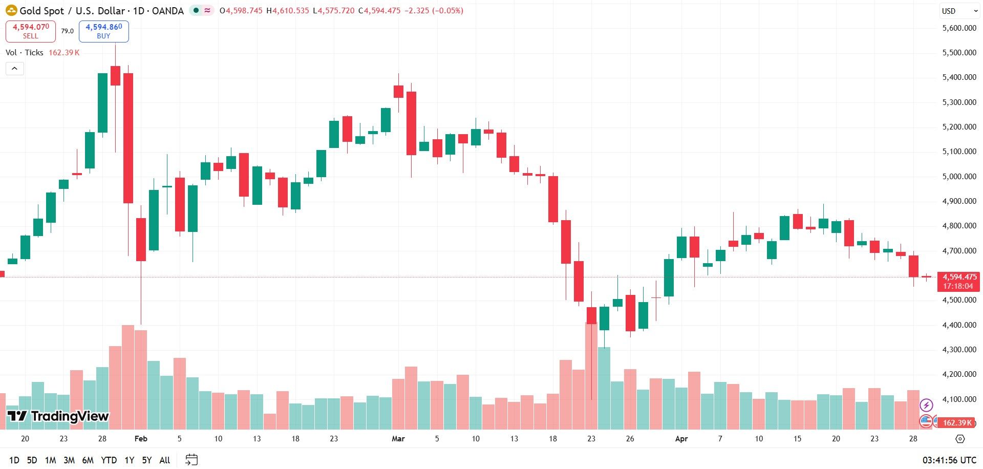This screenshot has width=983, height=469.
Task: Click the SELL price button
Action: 31,31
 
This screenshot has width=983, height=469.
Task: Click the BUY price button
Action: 103,31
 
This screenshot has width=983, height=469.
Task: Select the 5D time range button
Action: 32,460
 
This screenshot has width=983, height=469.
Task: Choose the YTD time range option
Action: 109,460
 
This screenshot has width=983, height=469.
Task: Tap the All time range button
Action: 164,460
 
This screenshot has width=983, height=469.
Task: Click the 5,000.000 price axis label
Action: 959,177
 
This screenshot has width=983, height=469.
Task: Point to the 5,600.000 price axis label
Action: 959,28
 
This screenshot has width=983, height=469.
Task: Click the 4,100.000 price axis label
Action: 959,399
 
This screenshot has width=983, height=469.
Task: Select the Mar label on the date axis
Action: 398,439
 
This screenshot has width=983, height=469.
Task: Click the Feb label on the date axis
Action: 141,439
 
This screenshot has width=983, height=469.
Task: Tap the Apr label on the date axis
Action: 681,439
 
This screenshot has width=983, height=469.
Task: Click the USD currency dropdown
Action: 959,11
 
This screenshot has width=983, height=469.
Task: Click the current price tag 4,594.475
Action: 959,277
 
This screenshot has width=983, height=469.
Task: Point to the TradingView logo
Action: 58,416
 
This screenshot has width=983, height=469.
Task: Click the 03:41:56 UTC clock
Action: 949,460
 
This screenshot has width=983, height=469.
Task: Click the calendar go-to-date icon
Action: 191,460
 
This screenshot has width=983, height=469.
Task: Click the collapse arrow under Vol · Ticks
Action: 15,69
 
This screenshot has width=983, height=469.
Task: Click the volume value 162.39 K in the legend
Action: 64,53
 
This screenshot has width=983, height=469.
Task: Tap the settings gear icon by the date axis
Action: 960,439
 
